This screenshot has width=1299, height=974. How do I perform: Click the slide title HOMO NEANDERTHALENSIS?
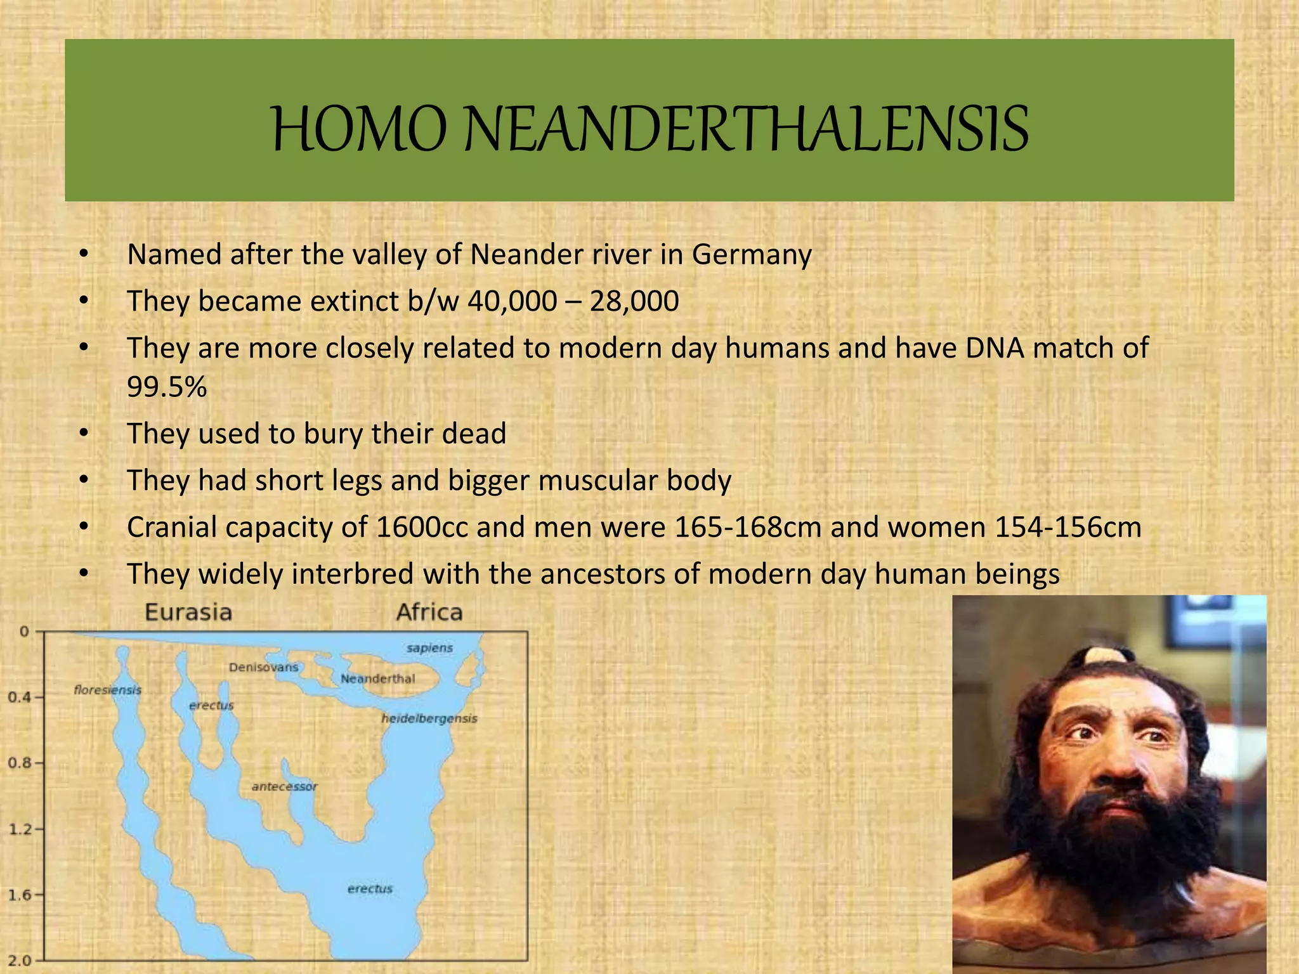pyautogui.click(x=649, y=131)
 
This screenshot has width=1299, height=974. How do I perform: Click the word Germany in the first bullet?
pyautogui.click(x=751, y=255)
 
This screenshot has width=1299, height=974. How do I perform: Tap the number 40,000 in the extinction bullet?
pyautogui.click(x=512, y=301)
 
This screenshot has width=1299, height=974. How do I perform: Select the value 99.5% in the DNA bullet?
pyautogui.click(x=167, y=387)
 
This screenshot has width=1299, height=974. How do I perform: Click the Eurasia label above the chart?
pyautogui.click(x=188, y=613)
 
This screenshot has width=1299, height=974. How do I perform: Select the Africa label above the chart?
pyautogui.click(x=429, y=613)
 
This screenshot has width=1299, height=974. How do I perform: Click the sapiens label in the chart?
pyautogui.click(x=429, y=648)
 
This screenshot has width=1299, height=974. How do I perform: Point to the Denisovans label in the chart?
pyautogui.click(x=263, y=667)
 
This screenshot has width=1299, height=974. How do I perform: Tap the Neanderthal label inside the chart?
pyautogui.click(x=377, y=679)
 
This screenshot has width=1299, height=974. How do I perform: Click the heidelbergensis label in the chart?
pyautogui.click(x=429, y=718)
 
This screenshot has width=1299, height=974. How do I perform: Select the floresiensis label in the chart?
pyautogui.click(x=107, y=690)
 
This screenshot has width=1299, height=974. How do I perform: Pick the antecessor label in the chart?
pyautogui.click(x=284, y=787)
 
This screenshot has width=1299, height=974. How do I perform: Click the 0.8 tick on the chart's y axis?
pyautogui.click(x=18, y=763)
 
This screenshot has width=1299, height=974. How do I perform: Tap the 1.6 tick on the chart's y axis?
pyautogui.click(x=18, y=895)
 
